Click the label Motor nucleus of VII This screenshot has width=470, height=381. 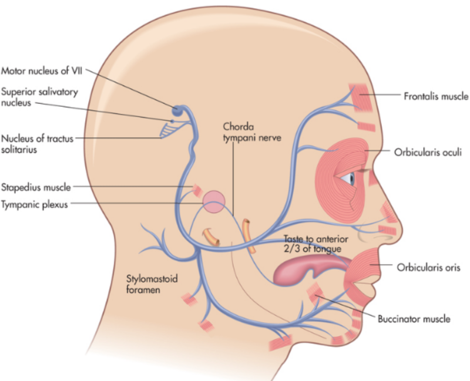(41, 70)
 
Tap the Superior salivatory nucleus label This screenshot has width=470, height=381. (39, 97)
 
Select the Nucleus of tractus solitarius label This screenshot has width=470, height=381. (37, 144)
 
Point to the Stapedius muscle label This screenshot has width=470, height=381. (36, 187)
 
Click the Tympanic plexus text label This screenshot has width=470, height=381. (35, 204)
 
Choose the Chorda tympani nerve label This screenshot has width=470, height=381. (252, 132)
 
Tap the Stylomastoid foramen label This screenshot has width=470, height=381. (152, 284)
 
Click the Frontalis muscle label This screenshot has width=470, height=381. (436, 96)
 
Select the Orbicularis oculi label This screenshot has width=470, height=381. (428, 152)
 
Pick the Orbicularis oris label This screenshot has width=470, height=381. (428, 267)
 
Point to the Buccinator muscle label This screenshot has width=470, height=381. (414, 319)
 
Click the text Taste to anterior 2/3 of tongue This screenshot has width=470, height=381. (315, 244)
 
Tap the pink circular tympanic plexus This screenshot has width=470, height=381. (214, 202)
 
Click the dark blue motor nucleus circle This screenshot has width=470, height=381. (177, 110)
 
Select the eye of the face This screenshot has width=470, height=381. (348, 179)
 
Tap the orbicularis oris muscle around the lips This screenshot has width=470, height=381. (362, 275)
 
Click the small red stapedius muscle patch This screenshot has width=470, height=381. (197, 190)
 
